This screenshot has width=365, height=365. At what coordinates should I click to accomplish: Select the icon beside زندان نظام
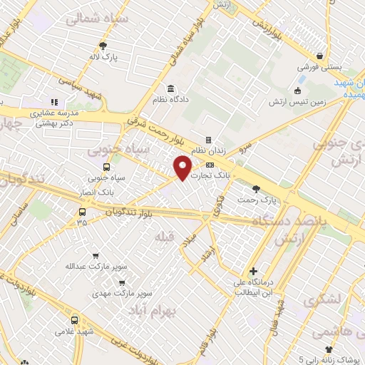208,140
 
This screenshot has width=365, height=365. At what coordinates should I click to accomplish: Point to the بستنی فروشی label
321,66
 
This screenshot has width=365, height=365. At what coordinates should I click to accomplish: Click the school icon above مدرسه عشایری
54,101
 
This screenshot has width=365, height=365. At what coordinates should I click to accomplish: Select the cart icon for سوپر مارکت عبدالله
96,256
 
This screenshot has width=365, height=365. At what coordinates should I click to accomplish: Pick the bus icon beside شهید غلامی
76,320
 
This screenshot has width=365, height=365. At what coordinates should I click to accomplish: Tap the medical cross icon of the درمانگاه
253,272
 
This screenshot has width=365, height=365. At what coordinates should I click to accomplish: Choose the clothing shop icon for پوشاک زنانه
329,349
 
